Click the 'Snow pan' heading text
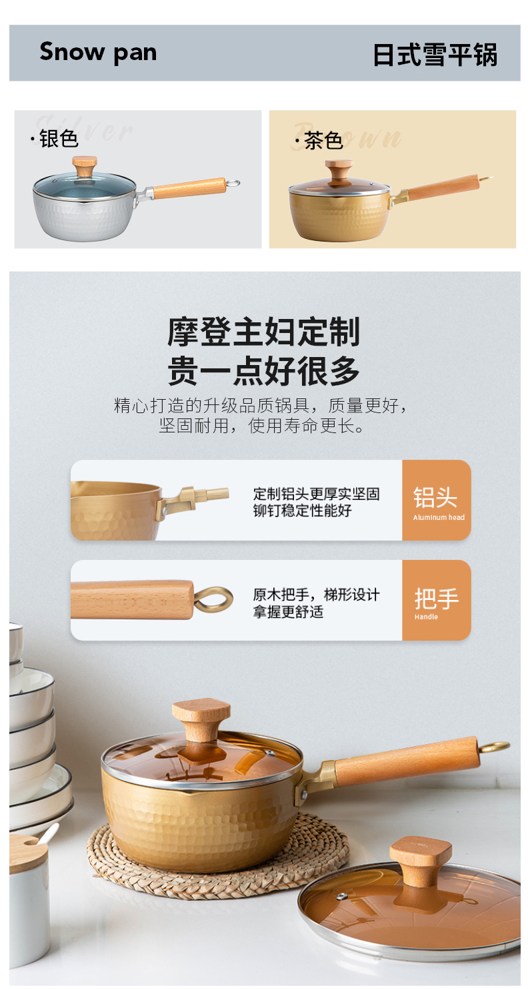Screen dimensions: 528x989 tap(98, 53)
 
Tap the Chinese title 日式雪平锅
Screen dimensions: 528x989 tap(435, 55)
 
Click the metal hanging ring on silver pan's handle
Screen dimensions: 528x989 tap(233, 183)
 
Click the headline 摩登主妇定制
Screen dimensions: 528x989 tap(263, 332)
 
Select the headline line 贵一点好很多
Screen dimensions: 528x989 tap(263, 371)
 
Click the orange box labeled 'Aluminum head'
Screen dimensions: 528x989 tap(436, 500)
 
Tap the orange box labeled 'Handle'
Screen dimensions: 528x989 tap(436, 600)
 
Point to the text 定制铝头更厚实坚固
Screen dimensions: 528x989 tap(316, 494)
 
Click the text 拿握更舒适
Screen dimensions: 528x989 tap(288, 612)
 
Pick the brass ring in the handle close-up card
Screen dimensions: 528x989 tap(213, 599)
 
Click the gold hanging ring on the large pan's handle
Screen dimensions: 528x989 tap(494, 746)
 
